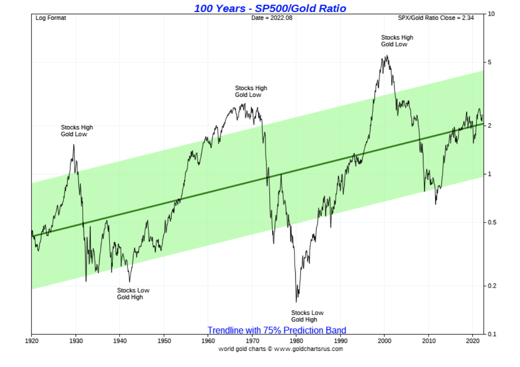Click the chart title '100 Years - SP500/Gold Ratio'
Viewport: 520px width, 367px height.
pos(270,8)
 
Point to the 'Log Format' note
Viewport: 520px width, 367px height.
pos(51,18)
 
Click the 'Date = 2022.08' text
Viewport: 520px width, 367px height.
pos(272,18)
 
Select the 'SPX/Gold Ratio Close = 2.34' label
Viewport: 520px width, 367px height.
pos(436,18)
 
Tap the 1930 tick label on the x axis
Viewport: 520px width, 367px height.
pos(75,341)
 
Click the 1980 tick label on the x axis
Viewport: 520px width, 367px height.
pos(296,341)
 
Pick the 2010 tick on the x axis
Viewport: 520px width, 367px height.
pos(429,341)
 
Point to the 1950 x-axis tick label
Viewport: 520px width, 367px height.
pos(164,341)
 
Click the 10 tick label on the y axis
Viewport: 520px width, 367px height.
pos(491,14)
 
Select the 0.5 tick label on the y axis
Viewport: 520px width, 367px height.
pos(493,223)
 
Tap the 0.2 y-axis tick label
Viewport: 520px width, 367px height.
pos(493,286)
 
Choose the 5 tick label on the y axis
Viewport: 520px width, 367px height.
pos(490,62)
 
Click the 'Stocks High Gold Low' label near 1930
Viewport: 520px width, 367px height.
pos(77,131)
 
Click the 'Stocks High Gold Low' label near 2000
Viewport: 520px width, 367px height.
pos(397,41)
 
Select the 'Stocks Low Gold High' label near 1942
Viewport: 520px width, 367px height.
pos(133,294)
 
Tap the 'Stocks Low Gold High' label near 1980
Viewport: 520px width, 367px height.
pos(307,316)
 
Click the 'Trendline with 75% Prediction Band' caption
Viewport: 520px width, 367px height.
pos(277,330)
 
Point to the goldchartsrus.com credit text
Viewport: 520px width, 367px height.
pos(281,349)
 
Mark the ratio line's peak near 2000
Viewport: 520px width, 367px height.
pos(387,56)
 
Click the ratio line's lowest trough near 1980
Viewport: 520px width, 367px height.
pos(297,301)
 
